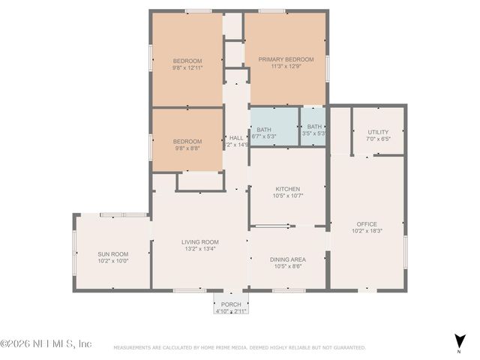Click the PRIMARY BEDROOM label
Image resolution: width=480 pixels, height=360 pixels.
(286, 59)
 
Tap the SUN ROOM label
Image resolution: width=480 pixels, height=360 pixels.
(113, 253)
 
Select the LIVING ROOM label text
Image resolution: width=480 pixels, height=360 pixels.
(199, 241)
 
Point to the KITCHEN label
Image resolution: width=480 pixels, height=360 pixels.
(287, 189)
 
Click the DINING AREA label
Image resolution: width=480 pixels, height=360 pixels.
(287, 259)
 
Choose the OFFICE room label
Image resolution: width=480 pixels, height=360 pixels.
(367, 224)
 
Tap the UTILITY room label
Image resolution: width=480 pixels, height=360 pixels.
(378, 132)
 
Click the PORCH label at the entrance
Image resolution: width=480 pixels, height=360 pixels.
(230, 304)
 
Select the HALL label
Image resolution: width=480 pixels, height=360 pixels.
(235, 137)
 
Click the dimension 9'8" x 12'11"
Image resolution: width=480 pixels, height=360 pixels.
(187, 68)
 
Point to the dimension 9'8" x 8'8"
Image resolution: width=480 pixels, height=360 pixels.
(187, 148)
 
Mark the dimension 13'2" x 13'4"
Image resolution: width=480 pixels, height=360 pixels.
(199, 249)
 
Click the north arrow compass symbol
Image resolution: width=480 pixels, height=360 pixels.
(458, 340)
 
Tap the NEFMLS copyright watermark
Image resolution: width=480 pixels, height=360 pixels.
(46, 343)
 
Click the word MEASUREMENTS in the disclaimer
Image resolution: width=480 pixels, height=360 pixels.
(133, 348)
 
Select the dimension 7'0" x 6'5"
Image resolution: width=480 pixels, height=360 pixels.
(378, 139)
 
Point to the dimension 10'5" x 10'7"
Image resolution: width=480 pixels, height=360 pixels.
(287, 196)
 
